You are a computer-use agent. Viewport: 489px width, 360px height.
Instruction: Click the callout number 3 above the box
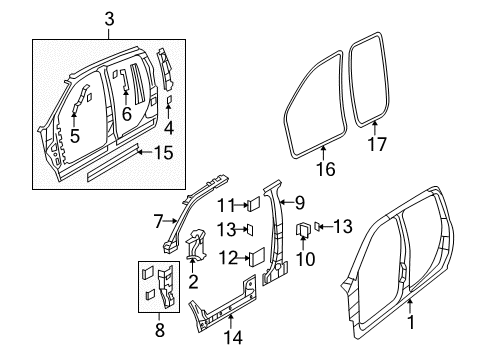click(x=110, y=17)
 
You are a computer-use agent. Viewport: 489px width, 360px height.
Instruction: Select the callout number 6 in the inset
click(x=127, y=114)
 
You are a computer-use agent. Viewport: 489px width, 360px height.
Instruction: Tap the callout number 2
click(x=192, y=284)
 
